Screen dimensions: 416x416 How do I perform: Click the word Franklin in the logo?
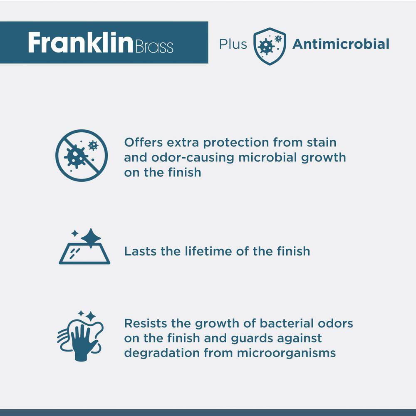80,42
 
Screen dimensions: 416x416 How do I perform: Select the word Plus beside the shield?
233,44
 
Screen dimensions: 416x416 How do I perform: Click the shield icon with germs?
270,46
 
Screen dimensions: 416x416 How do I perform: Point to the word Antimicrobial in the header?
341,44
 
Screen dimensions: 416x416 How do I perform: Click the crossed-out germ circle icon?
82,156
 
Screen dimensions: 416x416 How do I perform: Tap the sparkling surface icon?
84,246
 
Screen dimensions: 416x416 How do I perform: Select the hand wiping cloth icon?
80,336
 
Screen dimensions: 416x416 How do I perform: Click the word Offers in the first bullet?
144,142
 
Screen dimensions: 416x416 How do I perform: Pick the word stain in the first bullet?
322,142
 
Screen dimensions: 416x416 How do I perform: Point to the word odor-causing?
193,158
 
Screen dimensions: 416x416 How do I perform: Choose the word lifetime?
208,251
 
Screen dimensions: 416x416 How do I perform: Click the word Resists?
145,323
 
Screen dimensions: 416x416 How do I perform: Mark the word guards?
252,339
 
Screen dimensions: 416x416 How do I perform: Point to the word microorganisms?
286,353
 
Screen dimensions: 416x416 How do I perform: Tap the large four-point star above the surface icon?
91,238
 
